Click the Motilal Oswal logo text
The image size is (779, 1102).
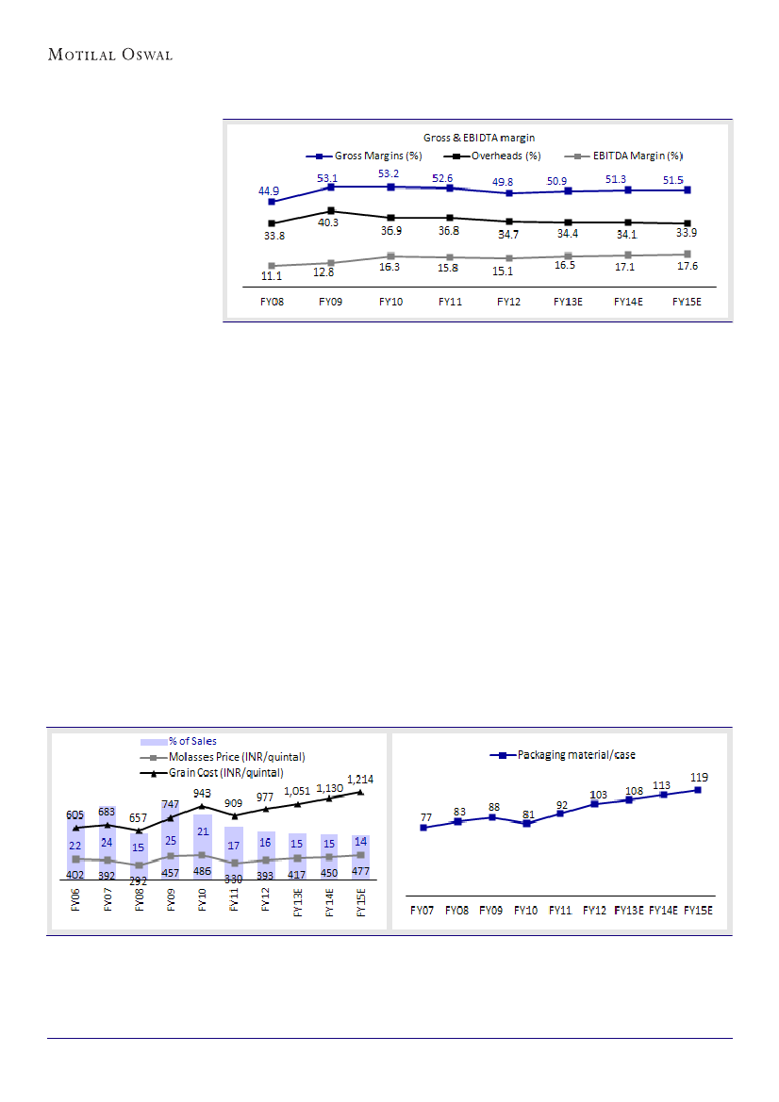click(109, 54)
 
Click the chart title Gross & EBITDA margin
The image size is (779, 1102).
click(477, 139)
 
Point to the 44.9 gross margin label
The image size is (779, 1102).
click(269, 189)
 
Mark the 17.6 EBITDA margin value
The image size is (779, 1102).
click(687, 266)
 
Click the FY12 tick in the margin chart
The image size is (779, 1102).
click(509, 302)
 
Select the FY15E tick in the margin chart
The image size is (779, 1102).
click(688, 302)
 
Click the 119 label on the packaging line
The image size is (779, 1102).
click(698, 777)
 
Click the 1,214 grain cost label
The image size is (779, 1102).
click(360, 779)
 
